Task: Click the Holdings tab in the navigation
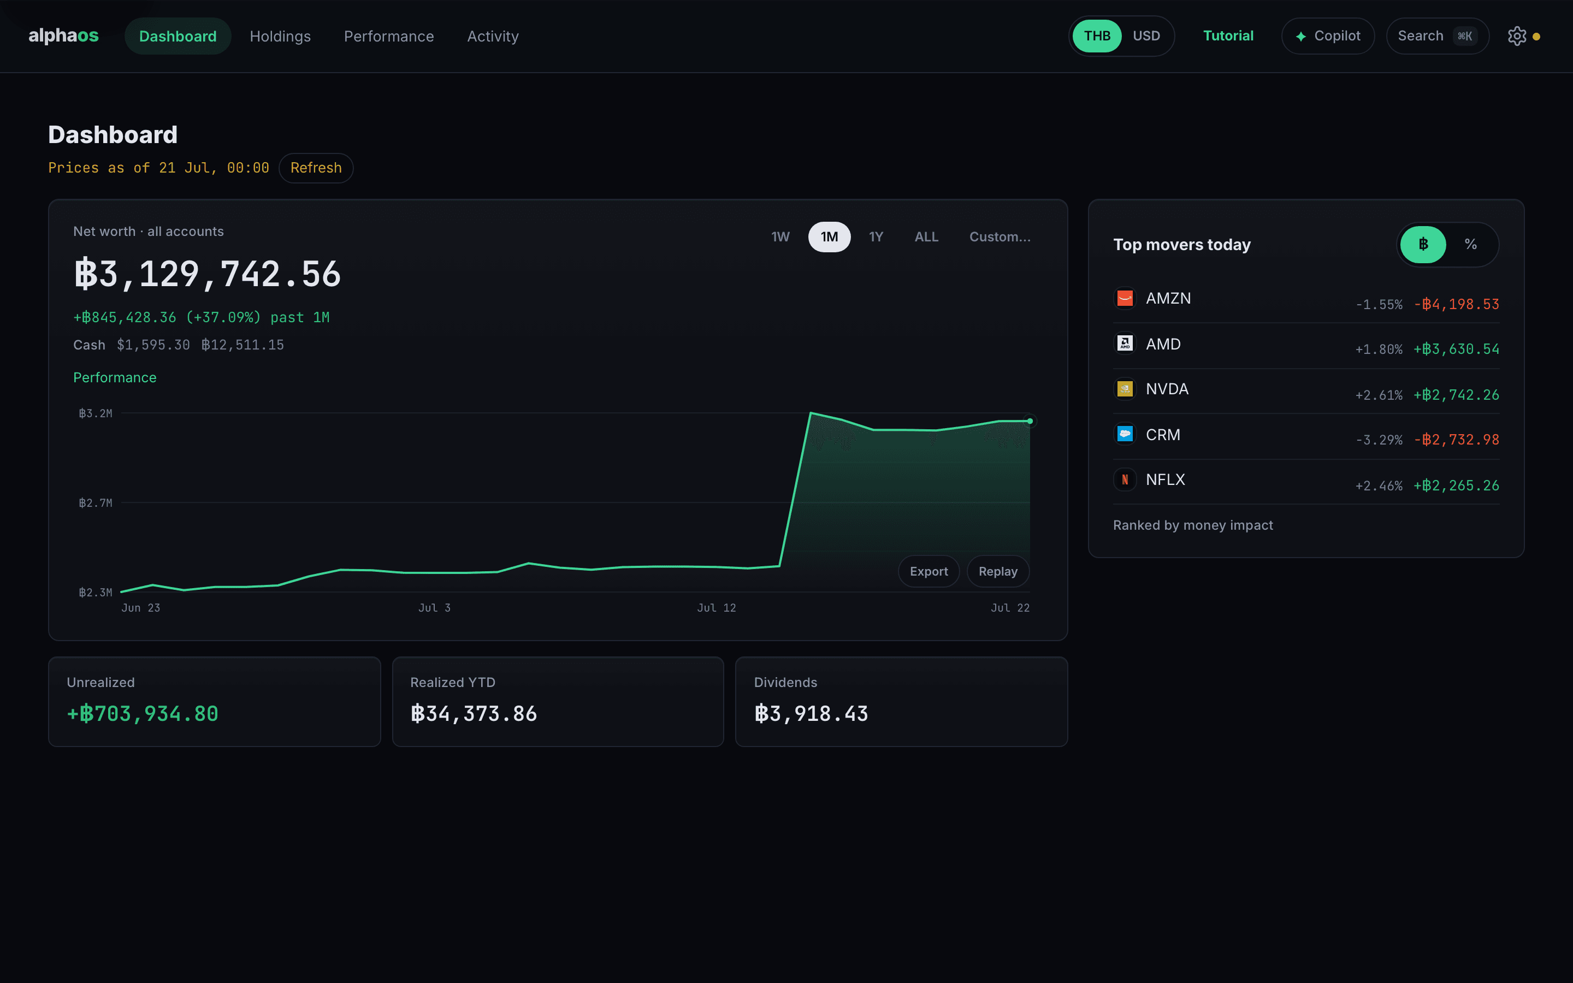click(280, 37)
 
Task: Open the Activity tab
click(493, 37)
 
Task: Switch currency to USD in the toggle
click(1146, 35)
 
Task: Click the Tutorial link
click(1228, 35)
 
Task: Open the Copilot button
click(1328, 35)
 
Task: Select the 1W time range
click(780, 236)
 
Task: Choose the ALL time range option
click(926, 236)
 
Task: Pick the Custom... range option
click(1000, 236)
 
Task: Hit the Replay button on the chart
click(998, 571)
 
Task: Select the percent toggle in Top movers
click(1470, 245)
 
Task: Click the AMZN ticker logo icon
click(1125, 298)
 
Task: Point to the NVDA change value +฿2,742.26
click(1456, 395)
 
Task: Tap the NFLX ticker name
click(1165, 480)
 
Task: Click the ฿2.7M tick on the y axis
click(96, 502)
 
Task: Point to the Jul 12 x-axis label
click(716, 608)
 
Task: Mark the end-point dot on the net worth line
click(1030, 421)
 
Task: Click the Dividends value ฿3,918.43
click(811, 714)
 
